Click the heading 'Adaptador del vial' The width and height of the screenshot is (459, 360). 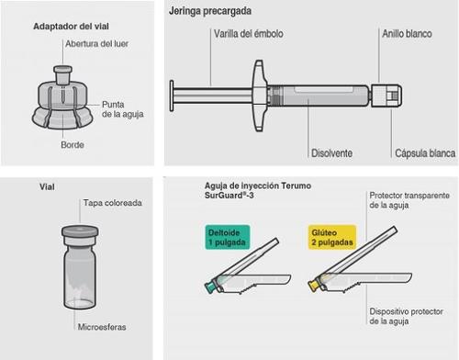pos(71,27)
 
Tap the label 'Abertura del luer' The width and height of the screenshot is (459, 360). pos(96,44)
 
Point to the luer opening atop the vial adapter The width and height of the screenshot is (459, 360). pos(63,70)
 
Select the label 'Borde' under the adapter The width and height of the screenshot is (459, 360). pos(73,145)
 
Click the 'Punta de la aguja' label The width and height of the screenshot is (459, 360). pos(122,109)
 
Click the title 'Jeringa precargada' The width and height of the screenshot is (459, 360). pos(210,11)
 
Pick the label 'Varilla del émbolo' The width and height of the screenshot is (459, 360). pos(249,34)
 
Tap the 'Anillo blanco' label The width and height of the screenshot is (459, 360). pos(407,34)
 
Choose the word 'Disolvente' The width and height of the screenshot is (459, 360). pos(331,153)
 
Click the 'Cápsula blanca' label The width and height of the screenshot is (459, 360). pos(425,153)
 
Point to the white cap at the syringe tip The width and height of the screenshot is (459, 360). pos(386,96)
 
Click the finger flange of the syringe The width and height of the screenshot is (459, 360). pos(259,96)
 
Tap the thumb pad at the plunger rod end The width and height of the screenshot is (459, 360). pos(172,96)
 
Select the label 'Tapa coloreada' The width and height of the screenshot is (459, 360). pos(113,203)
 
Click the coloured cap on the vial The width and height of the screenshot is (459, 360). pos(80,231)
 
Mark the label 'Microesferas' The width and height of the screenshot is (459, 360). pos(102,327)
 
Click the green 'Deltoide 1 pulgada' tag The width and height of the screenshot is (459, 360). pos(228,238)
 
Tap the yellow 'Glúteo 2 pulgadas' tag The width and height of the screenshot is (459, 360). pos(332,237)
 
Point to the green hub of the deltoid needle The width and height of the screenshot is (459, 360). pos(210,287)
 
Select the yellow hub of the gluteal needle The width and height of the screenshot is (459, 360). pos(314,286)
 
